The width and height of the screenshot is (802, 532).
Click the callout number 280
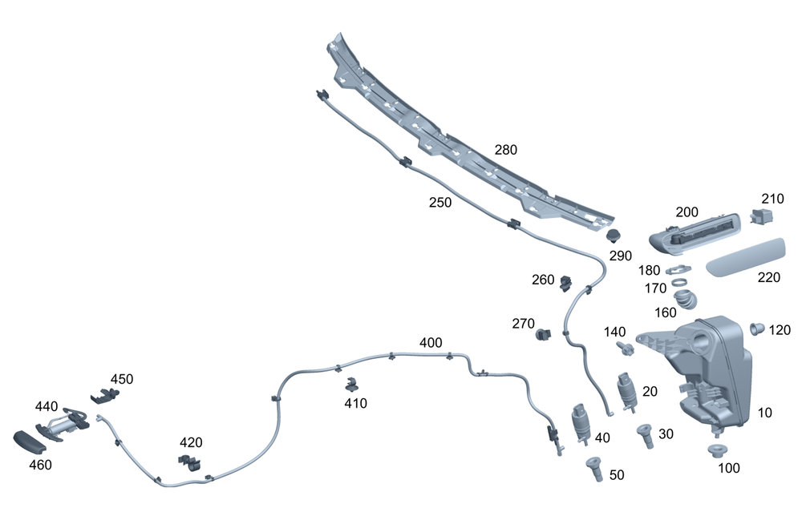tap(506, 150)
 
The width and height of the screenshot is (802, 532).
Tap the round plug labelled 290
tap(615, 236)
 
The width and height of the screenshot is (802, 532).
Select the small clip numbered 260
tap(565, 280)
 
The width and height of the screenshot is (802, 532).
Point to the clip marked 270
tap(543, 333)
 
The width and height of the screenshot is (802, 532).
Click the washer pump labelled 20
tap(626, 391)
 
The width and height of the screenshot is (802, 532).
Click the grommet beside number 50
tap(593, 467)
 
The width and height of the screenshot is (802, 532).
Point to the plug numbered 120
tap(756, 328)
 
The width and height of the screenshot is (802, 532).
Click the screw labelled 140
tap(622, 348)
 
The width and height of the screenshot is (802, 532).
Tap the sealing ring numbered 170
tap(679, 283)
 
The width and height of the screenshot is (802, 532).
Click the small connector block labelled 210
tap(760, 215)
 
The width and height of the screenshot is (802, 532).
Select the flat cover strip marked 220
tap(743, 256)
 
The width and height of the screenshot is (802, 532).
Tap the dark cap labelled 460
tap(29, 441)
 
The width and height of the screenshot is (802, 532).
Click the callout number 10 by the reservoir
tap(764, 413)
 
